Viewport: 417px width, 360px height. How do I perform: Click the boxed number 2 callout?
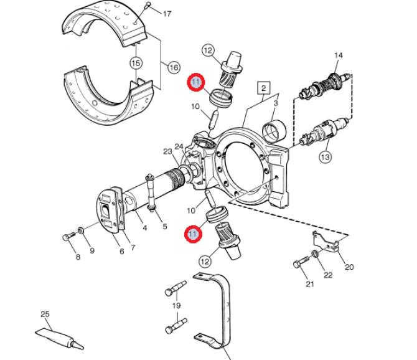pyautogui.click(x=263, y=88)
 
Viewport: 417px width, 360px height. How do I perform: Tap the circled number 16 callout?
pyautogui.click(x=174, y=67)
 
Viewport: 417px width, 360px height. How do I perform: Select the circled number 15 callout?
pyautogui.click(x=136, y=64)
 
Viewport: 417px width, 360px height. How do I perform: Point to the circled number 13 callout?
pyautogui.click(x=326, y=156)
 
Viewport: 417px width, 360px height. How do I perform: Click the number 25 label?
pyautogui.click(x=45, y=314)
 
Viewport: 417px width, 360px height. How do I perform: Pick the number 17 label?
pyautogui.click(x=167, y=14)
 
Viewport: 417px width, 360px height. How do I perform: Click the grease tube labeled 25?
pyautogui.click(x=60, y=338)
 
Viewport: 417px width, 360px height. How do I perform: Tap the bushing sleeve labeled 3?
pyautogui.click(x=274, y=130)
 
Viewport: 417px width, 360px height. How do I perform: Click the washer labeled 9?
pyautogui.click(x=81, y=230)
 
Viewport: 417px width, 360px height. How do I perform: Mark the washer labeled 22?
pyautogui.click(x=315, y=253)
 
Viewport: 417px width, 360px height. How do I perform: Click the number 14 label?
pyautogui.click(x=339, y=55)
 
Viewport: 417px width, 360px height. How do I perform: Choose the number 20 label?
pyautogui.click(x=349, y=267)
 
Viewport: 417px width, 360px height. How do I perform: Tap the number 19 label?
pyautogui.click(x=176, y=305)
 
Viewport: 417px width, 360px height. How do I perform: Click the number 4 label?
pyautogui.click(x=145, y=228)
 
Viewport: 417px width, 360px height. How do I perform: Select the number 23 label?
pyautogui.click(x=167, y=152)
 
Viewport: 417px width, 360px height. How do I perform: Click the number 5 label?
pyautogui.click(x=165, y=227)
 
